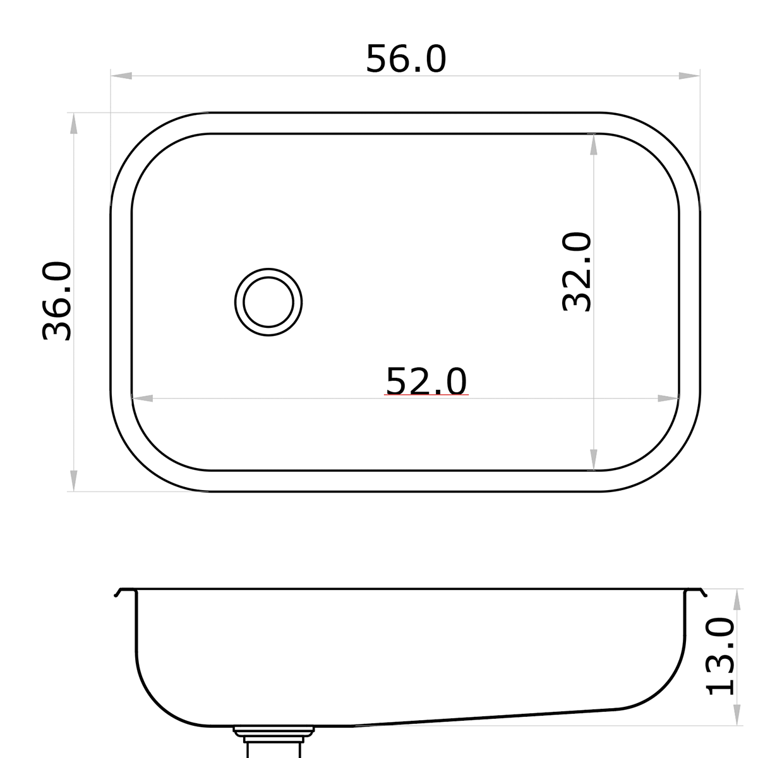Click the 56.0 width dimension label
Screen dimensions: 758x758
click(x=406, y=59)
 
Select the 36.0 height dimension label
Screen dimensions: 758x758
click(x=57, y=302)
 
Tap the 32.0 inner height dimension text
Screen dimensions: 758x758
click(x=577, y=272)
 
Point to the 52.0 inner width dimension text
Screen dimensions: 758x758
click(x=426, y=381)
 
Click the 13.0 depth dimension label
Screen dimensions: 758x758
click(x=721, y=657)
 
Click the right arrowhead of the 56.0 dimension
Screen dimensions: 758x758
click(x=690, y=76)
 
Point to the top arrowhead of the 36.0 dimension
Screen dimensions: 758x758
click(x=73, y=123)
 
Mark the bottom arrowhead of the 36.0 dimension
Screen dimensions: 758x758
click(x=73, y=481)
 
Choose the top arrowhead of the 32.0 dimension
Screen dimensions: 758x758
click(x=593, y=145)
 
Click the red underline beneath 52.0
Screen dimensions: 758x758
click(x=426, y=395)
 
